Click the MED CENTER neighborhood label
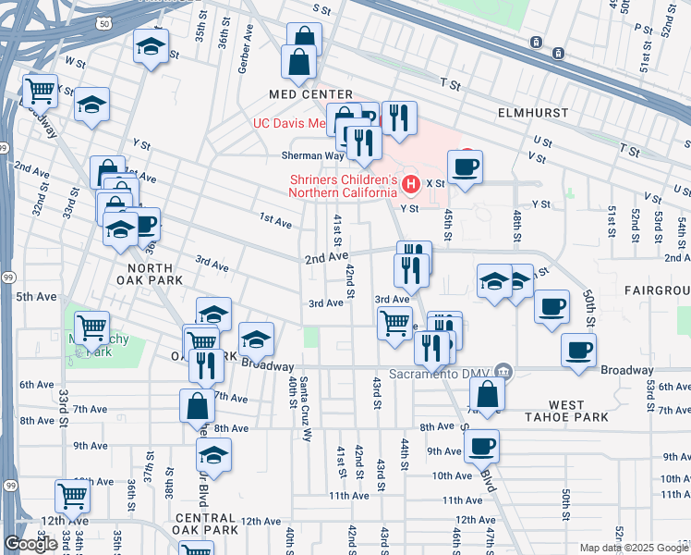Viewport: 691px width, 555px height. (x=311, y=94)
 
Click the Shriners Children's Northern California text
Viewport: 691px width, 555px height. (x=343, y=186)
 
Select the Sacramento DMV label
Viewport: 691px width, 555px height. (x=438, y=374)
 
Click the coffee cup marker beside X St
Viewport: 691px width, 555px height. (x=465, y=167)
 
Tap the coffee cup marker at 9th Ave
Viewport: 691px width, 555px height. (x=481, y=447)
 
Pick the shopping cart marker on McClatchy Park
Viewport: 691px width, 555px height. (x=91, y=327)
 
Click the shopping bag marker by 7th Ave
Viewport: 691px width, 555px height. (x=198, y=405)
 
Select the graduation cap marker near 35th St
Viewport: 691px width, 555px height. (x=152, y=46)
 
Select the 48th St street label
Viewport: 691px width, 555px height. (x=516, y=222)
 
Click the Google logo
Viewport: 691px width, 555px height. (x=30, y=544)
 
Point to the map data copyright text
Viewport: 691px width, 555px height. (x=634, y=548)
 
